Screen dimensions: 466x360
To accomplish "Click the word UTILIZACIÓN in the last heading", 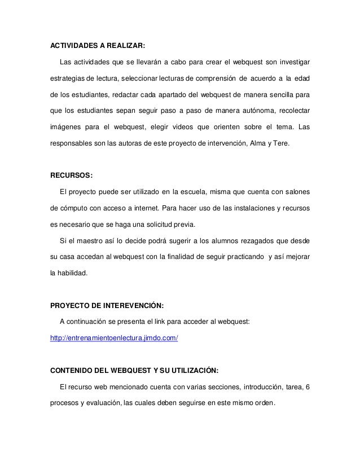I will pos(186,371).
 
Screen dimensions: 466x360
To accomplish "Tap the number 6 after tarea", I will pos(306,387).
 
